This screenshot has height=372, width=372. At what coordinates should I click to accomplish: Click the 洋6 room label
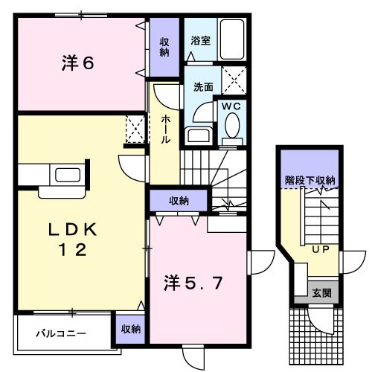[77, 64]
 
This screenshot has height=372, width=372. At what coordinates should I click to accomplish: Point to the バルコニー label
[62, 333]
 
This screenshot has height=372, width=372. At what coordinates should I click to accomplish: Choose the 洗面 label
[203, 86]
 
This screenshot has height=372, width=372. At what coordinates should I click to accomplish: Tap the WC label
[231, 106]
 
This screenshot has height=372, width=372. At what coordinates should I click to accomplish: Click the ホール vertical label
[165, 130]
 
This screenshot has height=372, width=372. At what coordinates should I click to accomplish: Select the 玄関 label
[321, 292]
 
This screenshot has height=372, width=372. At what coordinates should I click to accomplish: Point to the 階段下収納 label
[310, 179]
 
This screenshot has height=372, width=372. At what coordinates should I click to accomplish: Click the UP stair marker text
[321, 249]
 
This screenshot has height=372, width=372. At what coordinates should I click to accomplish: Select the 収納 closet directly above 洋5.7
[178, 200]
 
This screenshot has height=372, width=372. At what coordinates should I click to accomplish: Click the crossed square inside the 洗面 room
[235, 77]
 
